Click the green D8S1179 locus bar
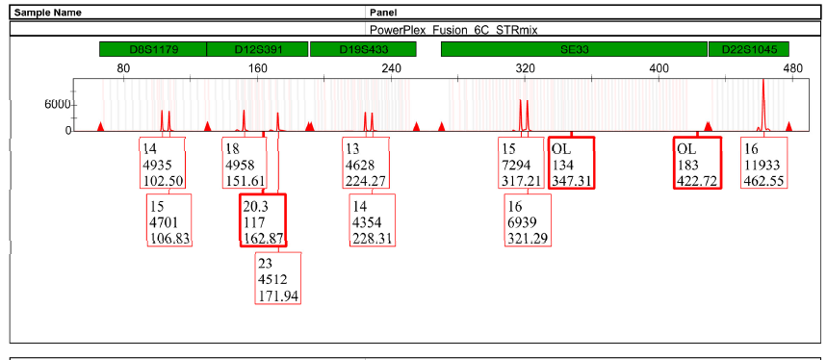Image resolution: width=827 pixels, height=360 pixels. [x=152, y=49]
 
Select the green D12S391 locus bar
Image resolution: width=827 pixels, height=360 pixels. [x=257, y=49]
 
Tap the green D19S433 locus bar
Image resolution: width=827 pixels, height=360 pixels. [x=363, y=49]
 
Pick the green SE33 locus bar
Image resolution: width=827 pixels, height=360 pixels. [x=574, y=49]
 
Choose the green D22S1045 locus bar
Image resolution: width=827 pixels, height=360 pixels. [x=749, y=49]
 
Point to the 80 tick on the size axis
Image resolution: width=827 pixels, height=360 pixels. [x=122, y=68]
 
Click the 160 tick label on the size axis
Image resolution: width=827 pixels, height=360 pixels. [x=257, y=68]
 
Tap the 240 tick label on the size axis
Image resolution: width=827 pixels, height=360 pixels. [x=391, y=68]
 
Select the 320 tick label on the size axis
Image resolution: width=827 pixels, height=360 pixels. [x=525, y=68]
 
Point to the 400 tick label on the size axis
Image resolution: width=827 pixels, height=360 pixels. [x=659, y=68]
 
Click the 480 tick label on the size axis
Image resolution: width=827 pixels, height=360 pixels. [x=792, y=68]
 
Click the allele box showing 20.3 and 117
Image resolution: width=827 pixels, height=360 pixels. [x=263, y=219]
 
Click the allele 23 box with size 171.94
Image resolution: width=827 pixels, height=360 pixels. [x=278, y=278]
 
